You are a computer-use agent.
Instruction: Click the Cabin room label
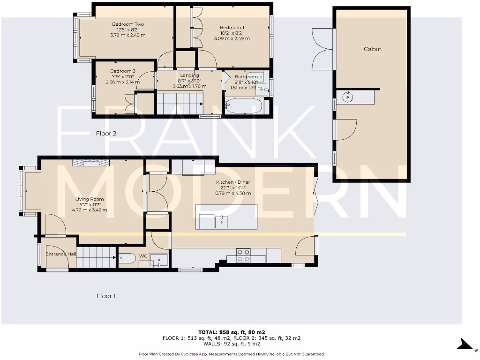373,49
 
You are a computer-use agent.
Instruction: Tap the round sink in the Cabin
348,97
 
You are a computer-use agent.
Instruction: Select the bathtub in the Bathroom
244,105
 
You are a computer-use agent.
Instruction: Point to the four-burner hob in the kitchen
243,255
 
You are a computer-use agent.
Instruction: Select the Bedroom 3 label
113,71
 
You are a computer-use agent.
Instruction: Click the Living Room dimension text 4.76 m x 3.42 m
90,210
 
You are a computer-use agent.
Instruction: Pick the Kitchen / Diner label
232,182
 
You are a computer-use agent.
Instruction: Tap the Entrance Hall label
61,254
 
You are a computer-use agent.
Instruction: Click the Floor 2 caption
106,134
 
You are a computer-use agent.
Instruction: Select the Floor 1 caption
106,296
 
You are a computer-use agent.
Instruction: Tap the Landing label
189,75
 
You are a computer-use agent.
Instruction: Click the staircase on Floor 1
96,257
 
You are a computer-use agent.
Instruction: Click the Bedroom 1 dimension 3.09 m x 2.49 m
232,38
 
